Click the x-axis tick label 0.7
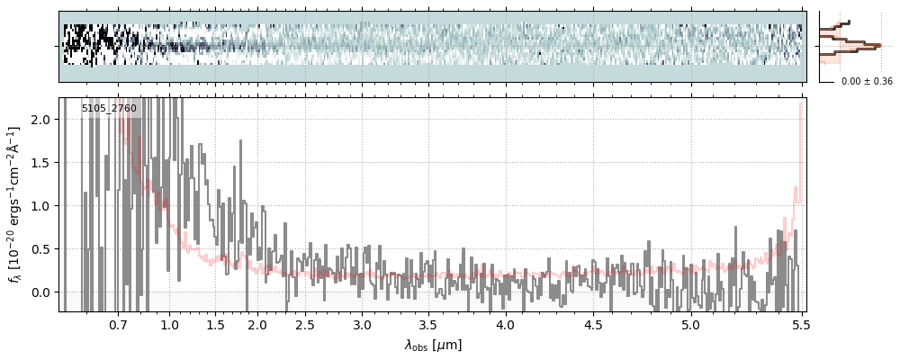[118, 324]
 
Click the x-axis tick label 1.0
[169, 324]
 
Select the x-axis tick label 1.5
[216, 324]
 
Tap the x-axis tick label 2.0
[257, 324]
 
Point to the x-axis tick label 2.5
[305, 324]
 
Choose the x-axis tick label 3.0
[362, 324]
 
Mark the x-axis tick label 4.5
[595, 324]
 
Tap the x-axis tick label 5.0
[690, 324]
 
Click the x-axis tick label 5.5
[799, 324]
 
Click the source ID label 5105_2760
[109, 109]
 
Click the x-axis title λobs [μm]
[433, 345]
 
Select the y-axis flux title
[15, 204]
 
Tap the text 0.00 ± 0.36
[867, 82]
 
